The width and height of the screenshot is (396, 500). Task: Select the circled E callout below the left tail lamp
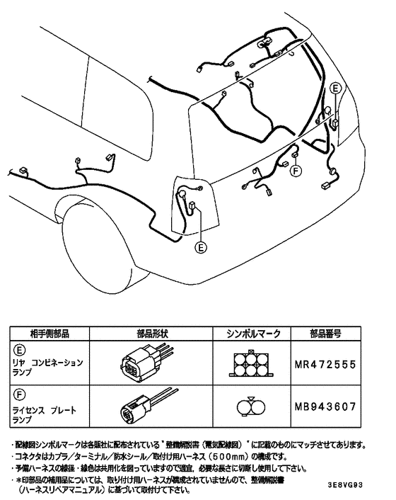tap(202, 247)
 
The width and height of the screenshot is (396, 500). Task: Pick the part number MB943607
tap(325, 407)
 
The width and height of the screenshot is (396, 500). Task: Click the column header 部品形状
tap(151, 332)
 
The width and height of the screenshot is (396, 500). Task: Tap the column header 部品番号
tap(325, 332)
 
